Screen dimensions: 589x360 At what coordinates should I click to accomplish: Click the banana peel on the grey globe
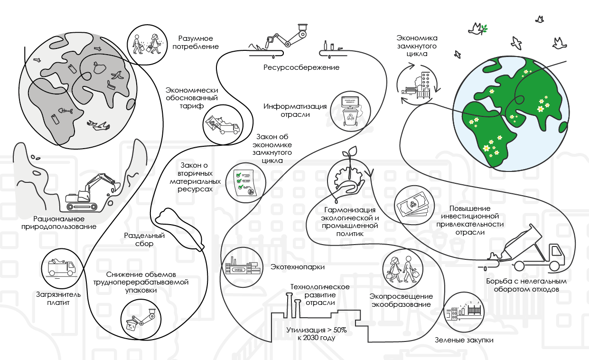pyautogui.click(x=118, y=75)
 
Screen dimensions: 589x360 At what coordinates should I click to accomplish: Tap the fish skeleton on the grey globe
pyautogui.click(x=65, y=111)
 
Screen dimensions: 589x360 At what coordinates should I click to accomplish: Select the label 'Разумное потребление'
pyautogui.click(x=196, y=42)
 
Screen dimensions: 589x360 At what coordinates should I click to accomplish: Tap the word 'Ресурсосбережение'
pyautogui.click(x=301, y=67)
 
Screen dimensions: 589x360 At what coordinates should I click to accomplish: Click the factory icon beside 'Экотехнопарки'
pyautogui.click(x=243, y=266)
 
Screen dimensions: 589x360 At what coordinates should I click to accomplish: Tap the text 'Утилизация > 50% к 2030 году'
pyautogui.click(x=317, y=334)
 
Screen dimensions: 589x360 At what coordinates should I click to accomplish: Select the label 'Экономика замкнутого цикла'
pyautogui.click(x=417, y=46)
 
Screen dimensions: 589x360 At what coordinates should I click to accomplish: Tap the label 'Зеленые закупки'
pyautogui.click(x=464, y=340)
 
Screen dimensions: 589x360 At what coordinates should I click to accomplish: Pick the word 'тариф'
pyautogui.click(x=192, y=106)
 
